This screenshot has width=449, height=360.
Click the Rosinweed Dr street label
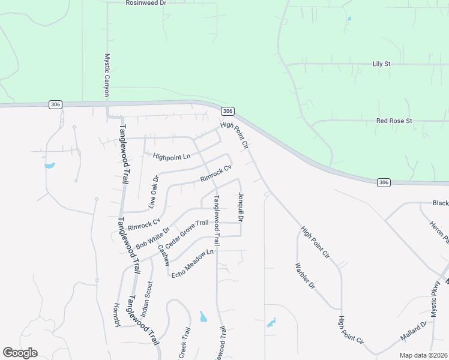[146, 3]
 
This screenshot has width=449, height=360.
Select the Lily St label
[381, 64]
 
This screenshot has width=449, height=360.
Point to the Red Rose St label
[394, 121]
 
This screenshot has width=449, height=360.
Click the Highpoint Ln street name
[171, 157]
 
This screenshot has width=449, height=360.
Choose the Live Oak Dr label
[153, 188]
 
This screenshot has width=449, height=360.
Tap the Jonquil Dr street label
[240, 208]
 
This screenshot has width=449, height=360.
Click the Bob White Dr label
[153, 238]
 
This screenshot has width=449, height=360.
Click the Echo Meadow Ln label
[193, 263]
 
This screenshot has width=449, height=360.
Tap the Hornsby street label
[117, 314]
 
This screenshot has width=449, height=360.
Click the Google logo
[20, 353]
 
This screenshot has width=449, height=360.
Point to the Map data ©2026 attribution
[424, 355]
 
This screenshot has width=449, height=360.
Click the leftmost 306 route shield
[55, 104]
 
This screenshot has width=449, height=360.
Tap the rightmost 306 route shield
[385, 182]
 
